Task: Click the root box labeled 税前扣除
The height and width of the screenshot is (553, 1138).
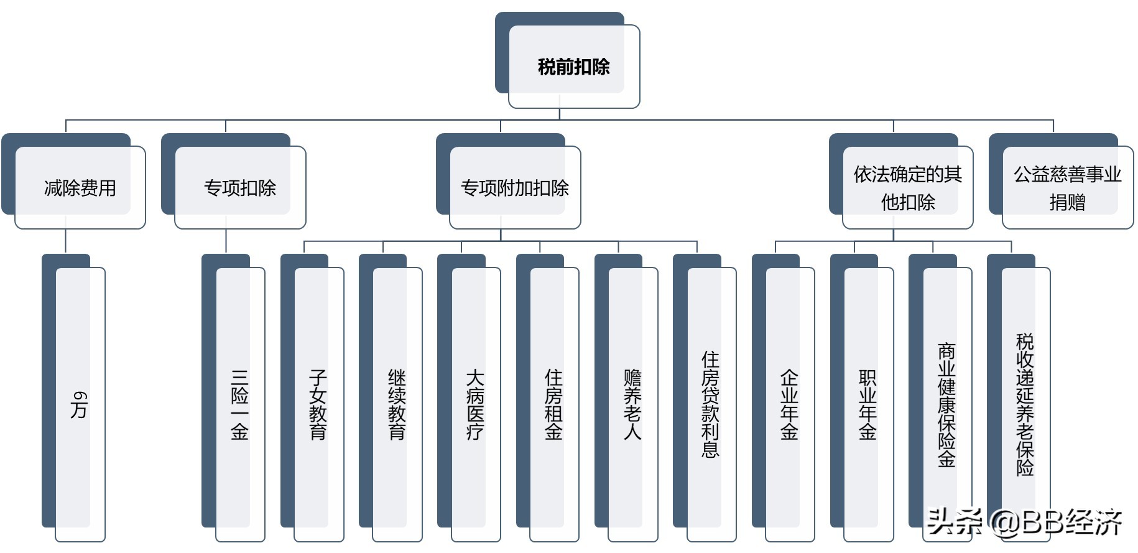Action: [573, 67]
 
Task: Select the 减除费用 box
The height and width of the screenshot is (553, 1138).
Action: [80, 188]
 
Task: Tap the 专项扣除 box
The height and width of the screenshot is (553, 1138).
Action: [240, 188]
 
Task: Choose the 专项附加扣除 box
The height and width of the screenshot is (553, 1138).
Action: [515, 188]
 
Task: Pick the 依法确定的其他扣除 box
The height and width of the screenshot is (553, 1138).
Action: [907, 188]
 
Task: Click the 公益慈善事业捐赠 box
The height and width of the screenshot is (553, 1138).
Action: [1067, 188]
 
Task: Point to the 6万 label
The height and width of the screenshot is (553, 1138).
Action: [80, 404]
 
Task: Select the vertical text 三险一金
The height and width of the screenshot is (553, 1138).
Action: [240, 405]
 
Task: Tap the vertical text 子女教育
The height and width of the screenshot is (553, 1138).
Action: [318, 405]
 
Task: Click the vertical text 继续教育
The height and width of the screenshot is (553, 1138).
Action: [397, 405]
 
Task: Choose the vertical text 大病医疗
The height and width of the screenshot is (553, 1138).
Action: [475, 405]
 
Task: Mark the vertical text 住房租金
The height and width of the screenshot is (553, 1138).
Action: [553, 405]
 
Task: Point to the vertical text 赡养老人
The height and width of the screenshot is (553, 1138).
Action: [632, 405]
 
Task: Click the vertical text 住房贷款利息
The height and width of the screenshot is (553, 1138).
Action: [711, 405]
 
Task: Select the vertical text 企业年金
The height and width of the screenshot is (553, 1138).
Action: [789, 405]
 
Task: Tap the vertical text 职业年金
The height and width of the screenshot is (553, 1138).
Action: [867, 405]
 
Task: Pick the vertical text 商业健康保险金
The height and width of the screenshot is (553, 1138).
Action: [946, 405]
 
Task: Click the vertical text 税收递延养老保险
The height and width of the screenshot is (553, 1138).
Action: [1025, 405]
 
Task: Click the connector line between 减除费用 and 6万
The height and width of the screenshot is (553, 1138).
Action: [66, 241]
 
